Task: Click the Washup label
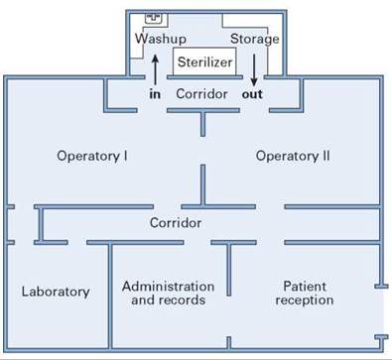click(161, 39)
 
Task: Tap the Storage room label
click(255, 39)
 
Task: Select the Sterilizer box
click(204, 61)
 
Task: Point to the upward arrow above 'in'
click(155, 69)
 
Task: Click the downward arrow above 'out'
click(254, 70)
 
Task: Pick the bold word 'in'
click(155, 94)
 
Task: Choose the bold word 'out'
click(252, 94)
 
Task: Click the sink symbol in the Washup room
click(154, 18)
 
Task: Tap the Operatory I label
click(92, 156)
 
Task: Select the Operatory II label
click(293, 156)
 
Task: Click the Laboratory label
click(56, 292)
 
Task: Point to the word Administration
click(168, 287)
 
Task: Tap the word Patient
click(305, 287)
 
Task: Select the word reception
click(305, 300)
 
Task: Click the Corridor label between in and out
click(201, 94)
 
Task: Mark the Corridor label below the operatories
click(176, 223)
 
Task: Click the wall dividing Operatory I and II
click(202, 185)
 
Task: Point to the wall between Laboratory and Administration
click(110, 295)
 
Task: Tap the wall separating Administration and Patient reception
click(229, 269)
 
